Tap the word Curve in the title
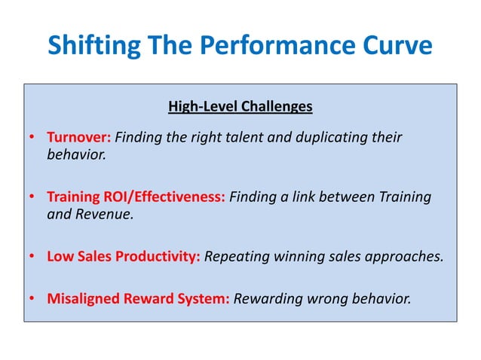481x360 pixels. tap(397, 46)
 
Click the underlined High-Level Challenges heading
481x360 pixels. tap(240, 106)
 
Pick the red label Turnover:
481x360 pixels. tap(79, 138)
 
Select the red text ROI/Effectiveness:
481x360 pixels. tap(166, 197)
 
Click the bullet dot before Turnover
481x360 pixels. tap(32, 139)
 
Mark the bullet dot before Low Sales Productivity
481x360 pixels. tap(32, 256)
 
